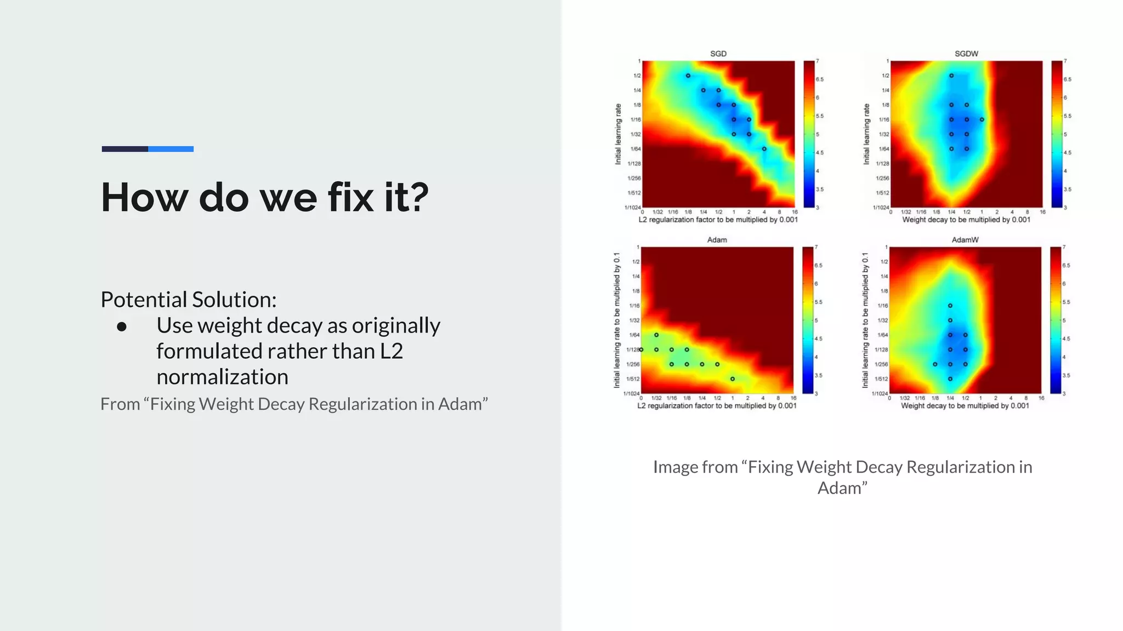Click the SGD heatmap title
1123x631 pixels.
tap(718, 54)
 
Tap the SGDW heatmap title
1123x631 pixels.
tap(966, 54)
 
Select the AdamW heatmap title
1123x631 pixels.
tap(965, 240)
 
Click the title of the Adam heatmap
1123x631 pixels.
tap(717, 240)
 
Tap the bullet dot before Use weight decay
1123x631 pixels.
tap(122, 327)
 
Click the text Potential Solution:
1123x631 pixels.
tap(188, 300)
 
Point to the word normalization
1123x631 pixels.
tap(222, 377)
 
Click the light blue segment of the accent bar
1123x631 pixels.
tap(171, 149)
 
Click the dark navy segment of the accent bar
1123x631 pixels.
tap(124, 149)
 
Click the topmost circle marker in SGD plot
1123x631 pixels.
tap(688, 76)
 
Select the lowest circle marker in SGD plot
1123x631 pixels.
tap(764, 148)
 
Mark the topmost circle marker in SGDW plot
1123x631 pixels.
tap(951, 76)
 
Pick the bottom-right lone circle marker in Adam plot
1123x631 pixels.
tap(733, 378)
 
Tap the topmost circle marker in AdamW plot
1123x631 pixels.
tap(950, 306)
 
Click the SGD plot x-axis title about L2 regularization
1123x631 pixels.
tap(718, 220)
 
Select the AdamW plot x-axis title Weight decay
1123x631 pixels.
tap(965, 406)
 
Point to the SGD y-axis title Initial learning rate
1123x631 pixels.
tap(619, 134)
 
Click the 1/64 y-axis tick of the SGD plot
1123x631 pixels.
tap(635, 149)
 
